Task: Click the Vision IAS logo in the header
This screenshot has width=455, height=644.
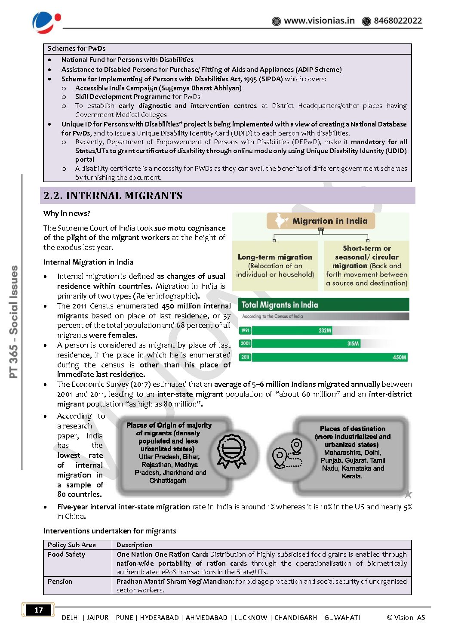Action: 46,22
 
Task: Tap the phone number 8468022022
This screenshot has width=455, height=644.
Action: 397,21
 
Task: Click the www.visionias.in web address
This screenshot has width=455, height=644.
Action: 319,21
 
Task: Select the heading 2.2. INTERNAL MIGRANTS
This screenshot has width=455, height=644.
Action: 113,196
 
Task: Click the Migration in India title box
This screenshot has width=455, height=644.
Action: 321,221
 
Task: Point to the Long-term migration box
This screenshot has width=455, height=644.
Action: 275,265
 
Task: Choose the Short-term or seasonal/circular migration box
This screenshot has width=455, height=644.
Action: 366,265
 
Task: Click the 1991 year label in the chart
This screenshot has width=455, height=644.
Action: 245,330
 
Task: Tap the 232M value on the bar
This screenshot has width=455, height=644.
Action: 325,330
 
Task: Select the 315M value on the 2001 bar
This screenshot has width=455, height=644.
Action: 353,344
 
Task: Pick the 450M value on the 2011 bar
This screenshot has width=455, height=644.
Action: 399,357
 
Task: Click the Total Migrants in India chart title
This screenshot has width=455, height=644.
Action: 280,305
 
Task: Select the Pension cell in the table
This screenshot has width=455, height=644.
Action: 60,582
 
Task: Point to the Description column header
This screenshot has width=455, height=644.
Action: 134,545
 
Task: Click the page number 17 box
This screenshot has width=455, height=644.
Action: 39,610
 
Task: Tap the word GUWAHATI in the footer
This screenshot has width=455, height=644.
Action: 342,618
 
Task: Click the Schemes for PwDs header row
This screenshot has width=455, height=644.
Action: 77,49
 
